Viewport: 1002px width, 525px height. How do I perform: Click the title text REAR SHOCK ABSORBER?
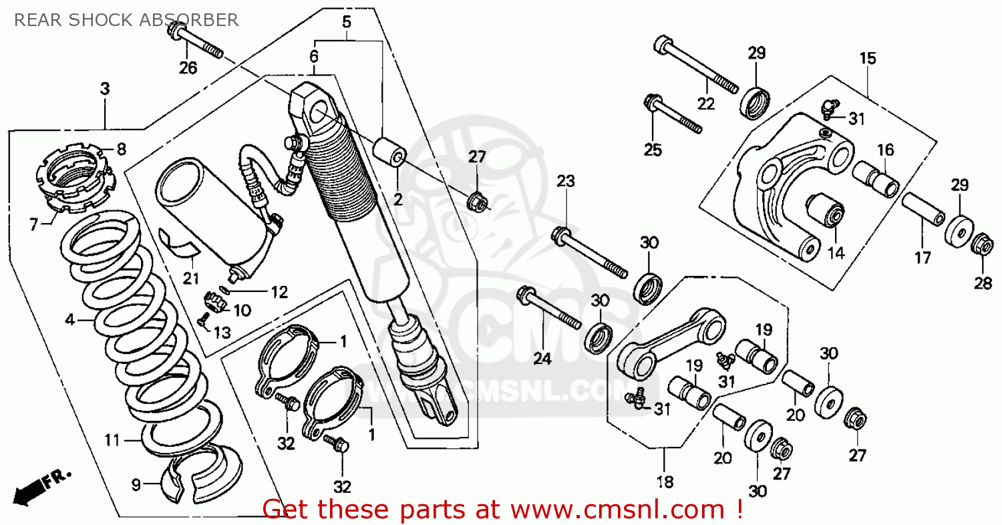126,20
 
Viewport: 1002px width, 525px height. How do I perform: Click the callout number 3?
105,89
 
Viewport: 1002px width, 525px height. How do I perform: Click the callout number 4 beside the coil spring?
69,319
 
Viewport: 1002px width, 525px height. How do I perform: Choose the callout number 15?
867,58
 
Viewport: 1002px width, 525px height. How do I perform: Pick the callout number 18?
665,482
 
